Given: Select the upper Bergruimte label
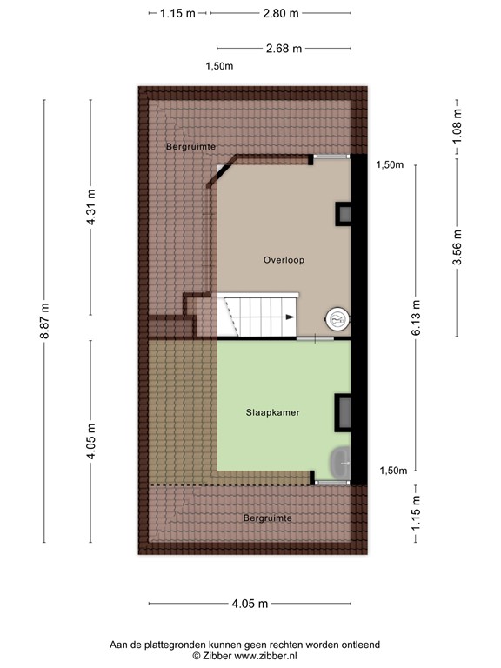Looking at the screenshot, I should click(x=190, y=147).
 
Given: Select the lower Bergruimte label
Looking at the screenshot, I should click(x=268, y=518).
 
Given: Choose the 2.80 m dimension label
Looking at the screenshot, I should click(x=280, y=13).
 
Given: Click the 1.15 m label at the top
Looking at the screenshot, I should click(x=178, y=13).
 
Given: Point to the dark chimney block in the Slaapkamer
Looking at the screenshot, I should click(x=344, y=411).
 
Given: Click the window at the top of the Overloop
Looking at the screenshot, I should click(x=331, y=157).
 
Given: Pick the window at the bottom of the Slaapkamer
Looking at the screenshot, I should click(x=330, y=481).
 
